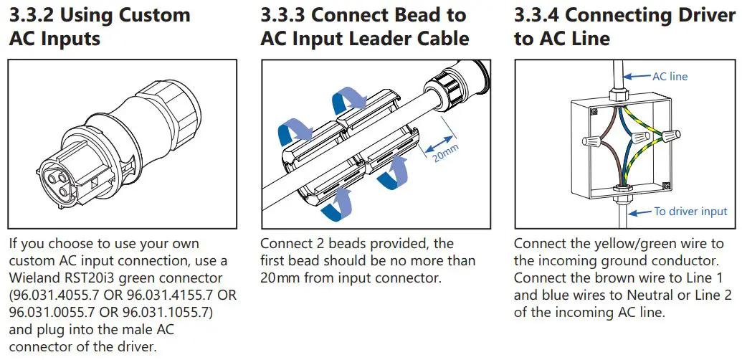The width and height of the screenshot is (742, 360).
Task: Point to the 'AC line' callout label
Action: [x=670, y=76]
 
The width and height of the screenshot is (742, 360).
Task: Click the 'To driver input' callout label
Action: [x=690, y=211]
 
